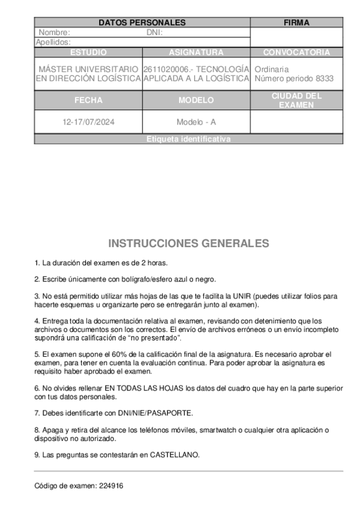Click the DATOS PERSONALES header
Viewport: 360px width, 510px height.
coord(142,23)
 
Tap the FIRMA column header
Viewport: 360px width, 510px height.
coord(296,23)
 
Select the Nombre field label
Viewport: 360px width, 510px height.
coord(54,32)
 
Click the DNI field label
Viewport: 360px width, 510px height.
coord(154,32)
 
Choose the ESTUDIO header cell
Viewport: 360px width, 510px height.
coord(88,52)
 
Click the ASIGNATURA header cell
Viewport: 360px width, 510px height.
coord(196,52)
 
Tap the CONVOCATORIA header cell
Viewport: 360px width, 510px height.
coord(296,52)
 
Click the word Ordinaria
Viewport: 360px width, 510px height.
coord(272,69)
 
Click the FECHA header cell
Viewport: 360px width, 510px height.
coord(88,100)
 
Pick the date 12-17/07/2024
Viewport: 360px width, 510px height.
coord(88,122)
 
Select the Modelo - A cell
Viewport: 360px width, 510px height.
coord(196,122)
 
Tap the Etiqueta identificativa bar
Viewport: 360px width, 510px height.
coord(188,140)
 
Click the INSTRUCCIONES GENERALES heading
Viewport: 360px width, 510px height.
coord(189,244)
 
